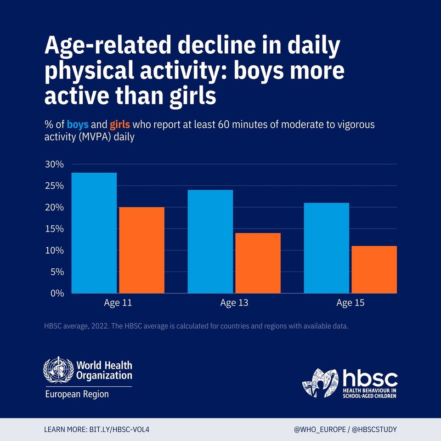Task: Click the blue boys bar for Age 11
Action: pyautogui.click(x=94, y=233)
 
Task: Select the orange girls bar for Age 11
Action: pyautogui.click(x=141, y=250)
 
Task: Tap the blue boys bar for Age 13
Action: pyautogui.click(x=210, y=241)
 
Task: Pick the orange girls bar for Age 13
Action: pyautogui.click(x=258, y=263)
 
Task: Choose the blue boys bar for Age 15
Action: pyautogui.click(x=327, y=248)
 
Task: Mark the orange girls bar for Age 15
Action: pyautogui.click(x=374, y=269)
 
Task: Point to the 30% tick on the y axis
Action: pyautogui.click(x=54, y=164)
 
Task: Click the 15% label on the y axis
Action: pyautogui.click(x=54, y=229)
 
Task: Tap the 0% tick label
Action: pyautogui.click(x=57, y=293)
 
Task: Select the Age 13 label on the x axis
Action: pyautogui.click(x=234, y=303)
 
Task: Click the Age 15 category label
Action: pyautogui.click(x=351, y=303)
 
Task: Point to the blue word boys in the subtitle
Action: pyautogui.click(x=78, y=124)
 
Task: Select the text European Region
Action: pyautogui.click(x=77, y=394)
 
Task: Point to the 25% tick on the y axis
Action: pyautogui.click(x=54, y=186)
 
